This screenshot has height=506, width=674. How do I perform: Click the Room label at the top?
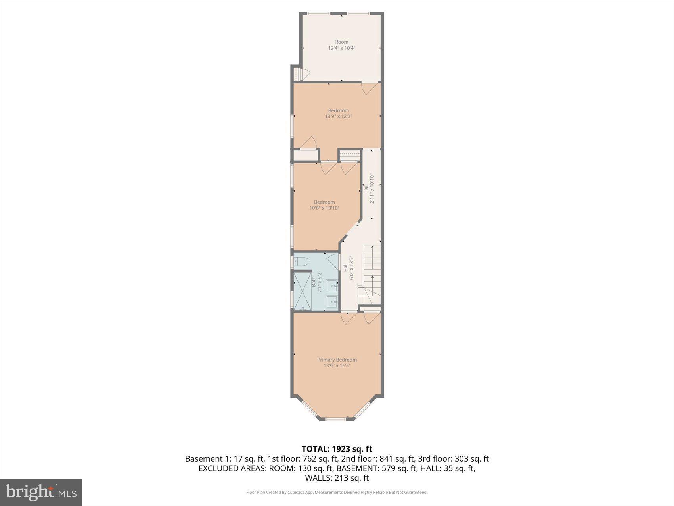(341, 42)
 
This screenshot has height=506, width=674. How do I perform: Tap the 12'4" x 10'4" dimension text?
(341, 48)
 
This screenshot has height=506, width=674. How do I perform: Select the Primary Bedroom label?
(337, 360)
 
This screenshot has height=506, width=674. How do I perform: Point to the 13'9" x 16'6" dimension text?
(337, 366)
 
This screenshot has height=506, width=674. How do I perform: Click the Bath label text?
(314, 282)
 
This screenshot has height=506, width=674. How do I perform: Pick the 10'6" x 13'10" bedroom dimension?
(324, 208)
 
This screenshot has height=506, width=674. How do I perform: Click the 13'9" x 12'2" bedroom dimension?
(338, 117)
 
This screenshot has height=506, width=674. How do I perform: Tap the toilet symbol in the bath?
(301, 262)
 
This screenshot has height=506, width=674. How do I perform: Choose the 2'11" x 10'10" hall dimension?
(372, 189)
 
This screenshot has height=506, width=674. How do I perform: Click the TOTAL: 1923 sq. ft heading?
(337, 449)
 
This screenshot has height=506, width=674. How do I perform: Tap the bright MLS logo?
(41, 492)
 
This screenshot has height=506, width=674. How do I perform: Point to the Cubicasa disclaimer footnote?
(337, 493)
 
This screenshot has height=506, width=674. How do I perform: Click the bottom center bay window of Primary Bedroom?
(335, 419)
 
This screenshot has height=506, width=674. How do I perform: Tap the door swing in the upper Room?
(304, 74)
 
